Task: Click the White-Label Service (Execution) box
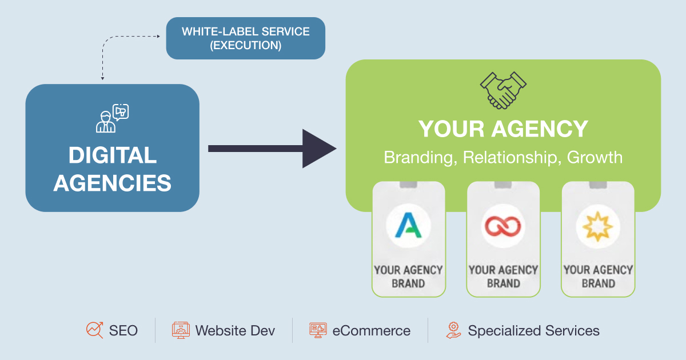pos(245,38)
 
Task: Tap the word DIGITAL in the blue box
pos(113,155)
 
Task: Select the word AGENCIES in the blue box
pos(113,183)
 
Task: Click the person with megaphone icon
pos(112,118)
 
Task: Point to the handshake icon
pos(503,90)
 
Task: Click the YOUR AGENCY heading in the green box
pos(503,129)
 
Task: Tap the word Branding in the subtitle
pos(418,157)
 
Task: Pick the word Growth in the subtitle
pos(595,157)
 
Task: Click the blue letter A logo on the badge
pos(408,225)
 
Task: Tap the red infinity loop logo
pos(503,225)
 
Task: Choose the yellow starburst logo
pos(598,225)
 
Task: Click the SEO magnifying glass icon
pos(94,330)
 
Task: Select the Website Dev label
pos(235,330)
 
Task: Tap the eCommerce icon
pos(318,330)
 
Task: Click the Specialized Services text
pos(533,330)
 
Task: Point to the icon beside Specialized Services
pos(453,330)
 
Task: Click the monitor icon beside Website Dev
pos(181,330)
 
